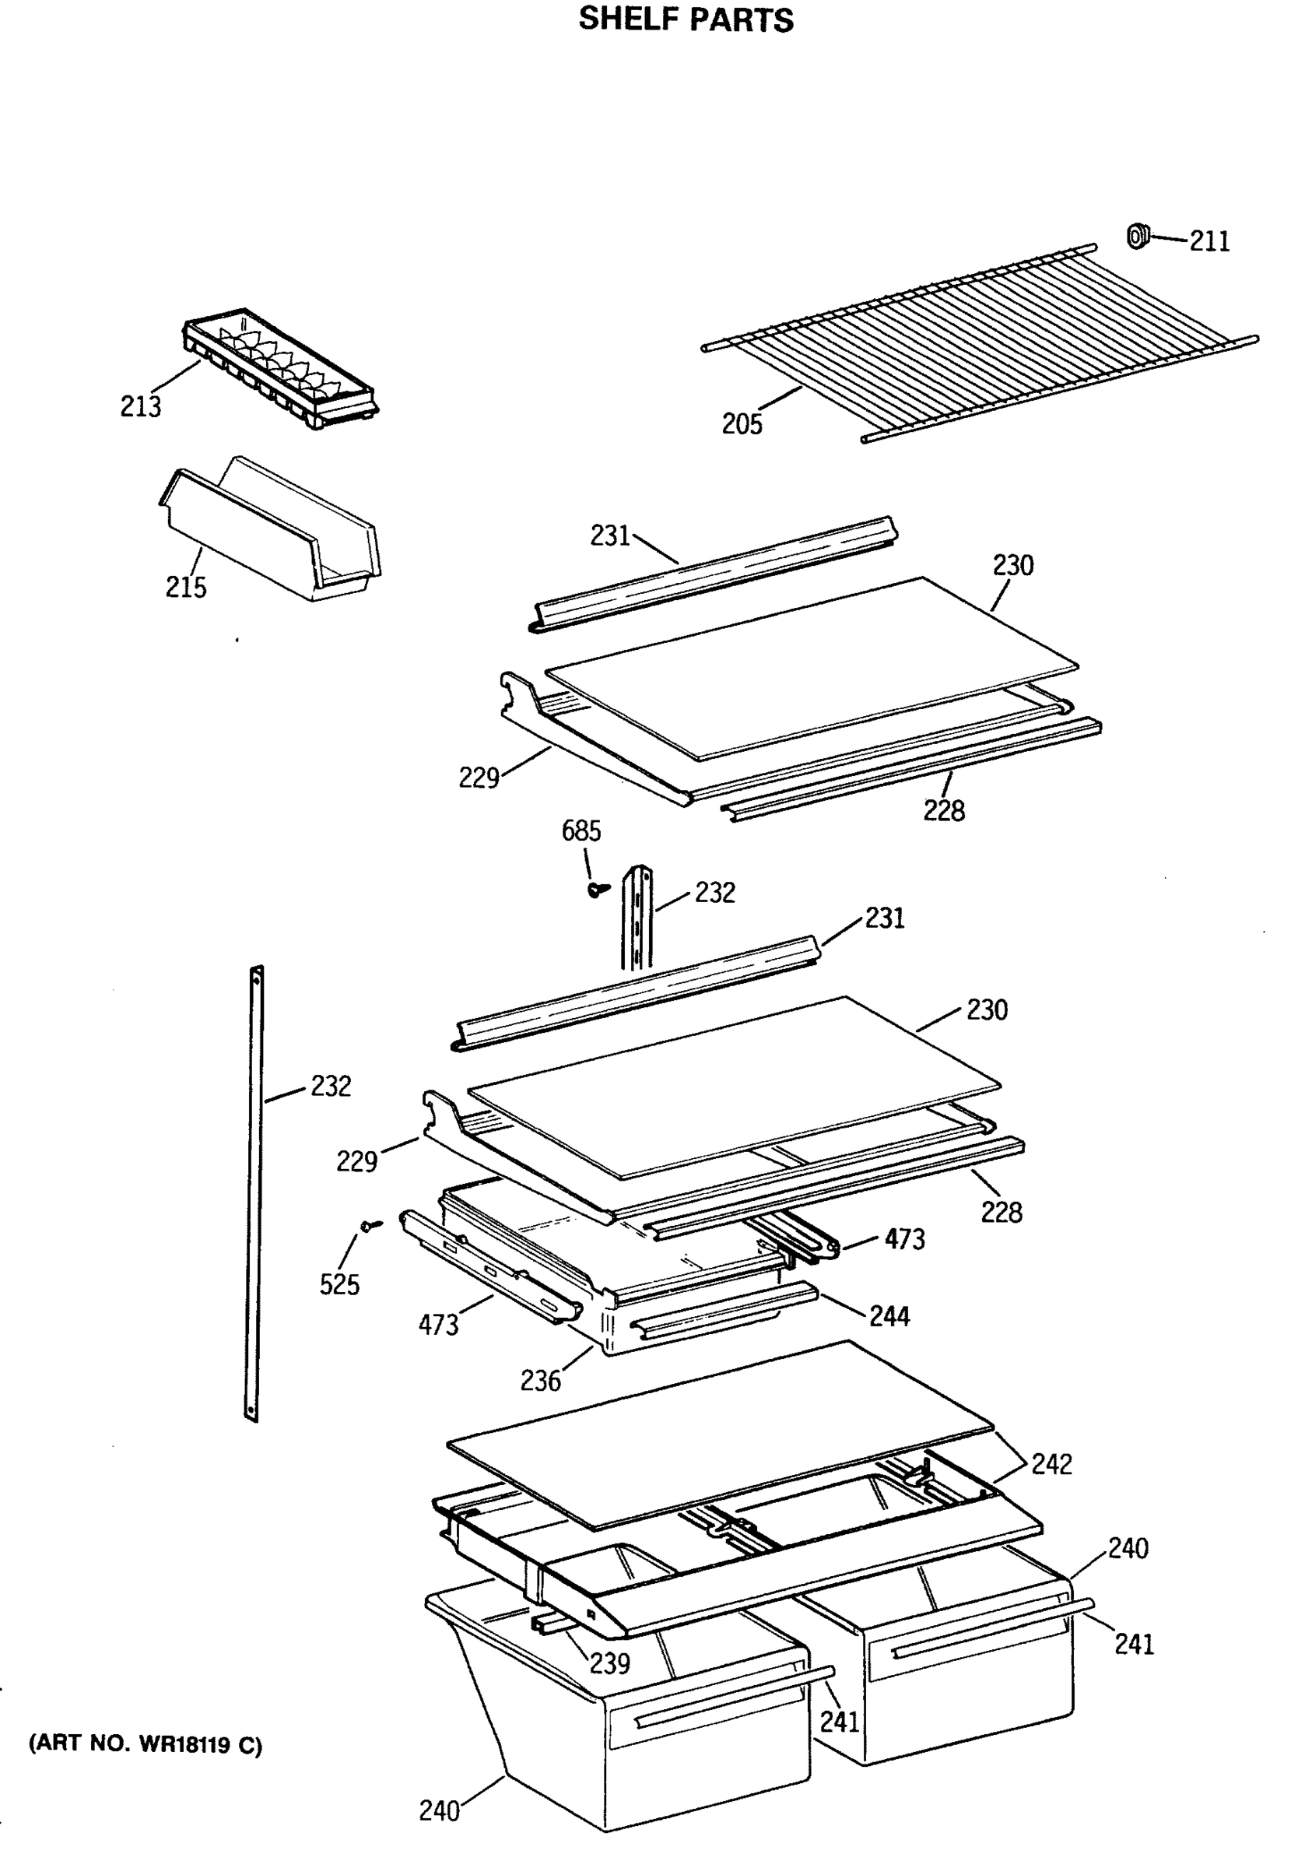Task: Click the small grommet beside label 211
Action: [1137, 236]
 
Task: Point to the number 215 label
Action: [185, 587]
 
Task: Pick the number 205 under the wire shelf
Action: [742, 423]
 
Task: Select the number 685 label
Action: [581, 831]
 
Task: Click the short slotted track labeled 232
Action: [637, 919]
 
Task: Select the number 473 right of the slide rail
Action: [904, 1239]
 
